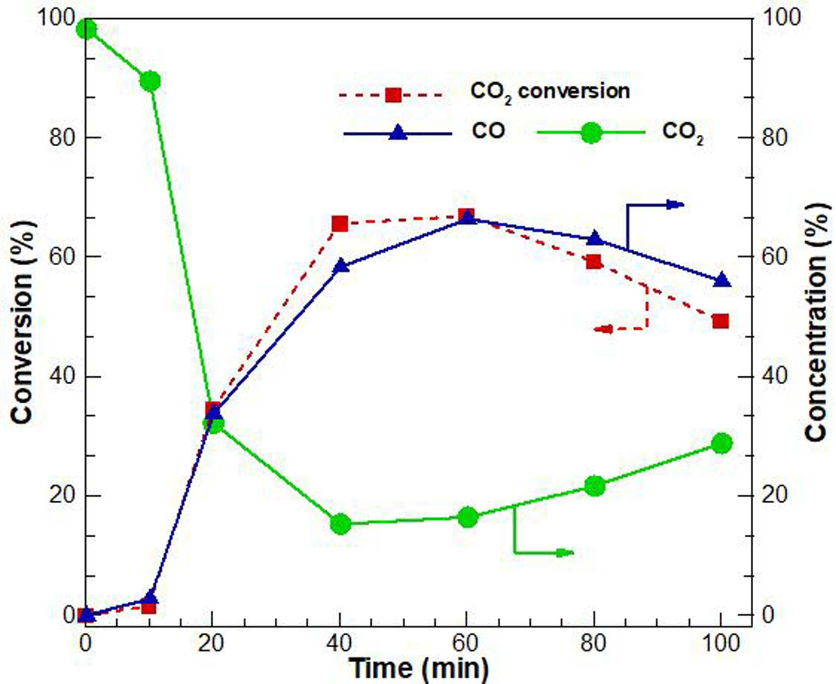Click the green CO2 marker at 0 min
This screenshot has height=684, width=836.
(x=86, y=30)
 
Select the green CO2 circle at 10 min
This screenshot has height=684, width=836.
(x=150, y=81)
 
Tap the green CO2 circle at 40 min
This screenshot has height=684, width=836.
(x=341, y=524)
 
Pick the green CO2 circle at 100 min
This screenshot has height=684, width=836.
(x=721, y=443)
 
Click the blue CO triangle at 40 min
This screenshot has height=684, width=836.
(x=341, y=266)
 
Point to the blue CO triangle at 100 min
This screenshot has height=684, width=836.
(x=721, y=280)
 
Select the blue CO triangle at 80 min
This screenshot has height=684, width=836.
(x=594, y=238)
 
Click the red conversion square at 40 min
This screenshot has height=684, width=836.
(x=340, y=224)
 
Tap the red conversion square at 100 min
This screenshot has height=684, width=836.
(x=721, y=321)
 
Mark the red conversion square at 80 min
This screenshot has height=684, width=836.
(x=594, y=262)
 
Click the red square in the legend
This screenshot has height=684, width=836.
(x=393, y=95)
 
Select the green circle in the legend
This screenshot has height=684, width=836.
(x=591, y=132)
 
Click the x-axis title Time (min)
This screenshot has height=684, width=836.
(x=418, y=668)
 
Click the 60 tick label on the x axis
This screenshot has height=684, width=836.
(x=466, y=643)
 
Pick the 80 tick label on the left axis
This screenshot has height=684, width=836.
(x=62, y=137)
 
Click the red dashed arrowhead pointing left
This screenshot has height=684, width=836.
(x=603, y=329)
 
